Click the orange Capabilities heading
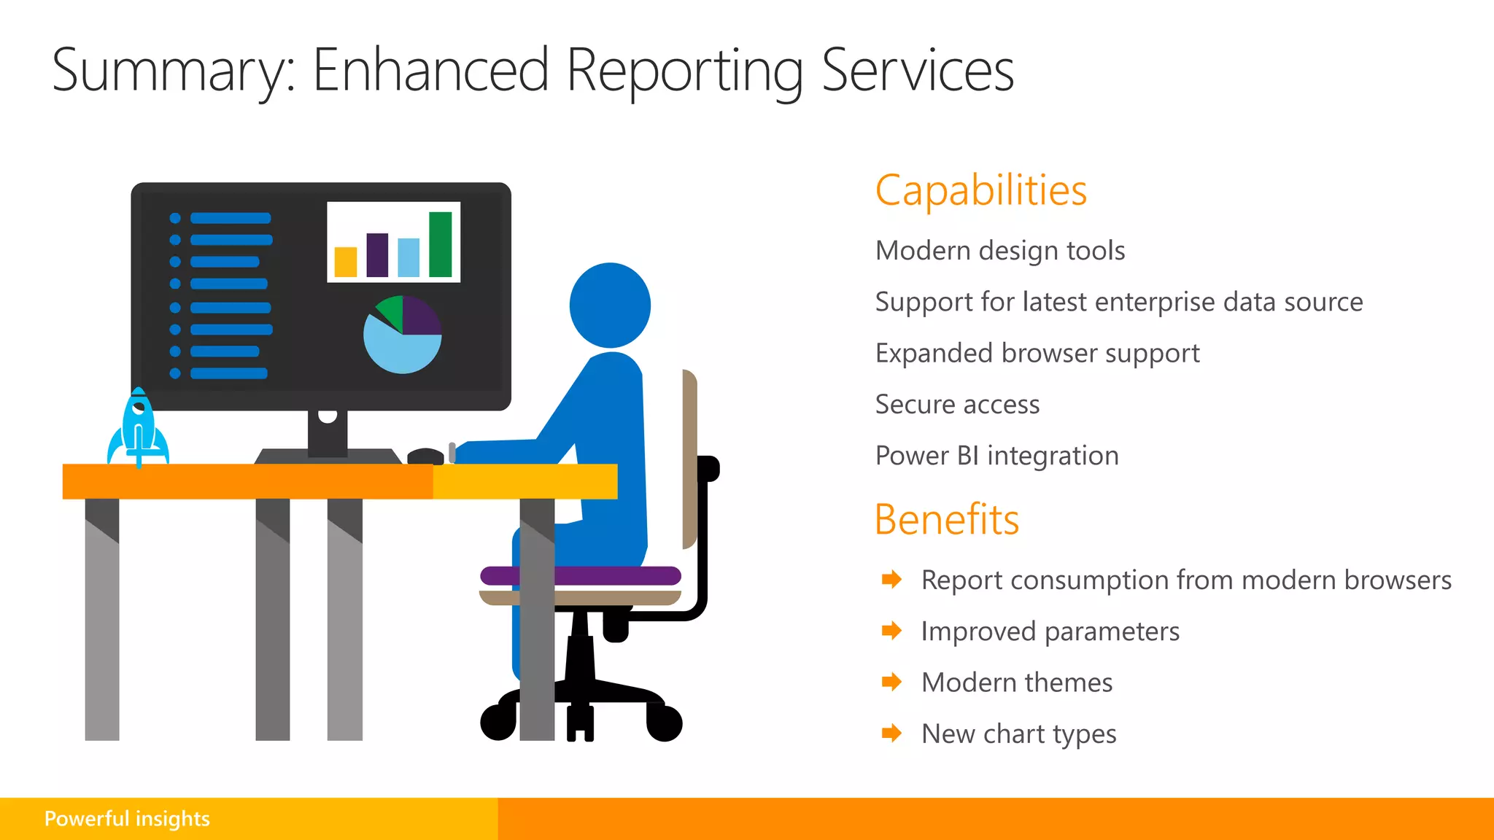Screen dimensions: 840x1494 tap(980, 191)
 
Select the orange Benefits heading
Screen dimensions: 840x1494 tap(946, 520)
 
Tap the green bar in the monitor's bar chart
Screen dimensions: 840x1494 tap(440, 244)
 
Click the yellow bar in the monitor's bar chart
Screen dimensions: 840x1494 tap(345, 262)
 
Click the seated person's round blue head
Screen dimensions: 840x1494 tap(610, 305)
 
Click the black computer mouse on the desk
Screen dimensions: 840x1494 tap(425, 457)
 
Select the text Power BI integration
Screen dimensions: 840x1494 tap(996, 456)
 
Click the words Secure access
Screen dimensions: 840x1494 tap(957, 405)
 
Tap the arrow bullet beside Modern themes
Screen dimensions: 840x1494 tap(891, 682)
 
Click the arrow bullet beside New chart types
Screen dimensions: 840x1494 tap(891, 734)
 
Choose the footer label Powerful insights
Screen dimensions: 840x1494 tap(127, 819)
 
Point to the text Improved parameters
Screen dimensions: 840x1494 tap(1050, 631)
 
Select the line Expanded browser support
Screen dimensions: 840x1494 tap(1037, 354)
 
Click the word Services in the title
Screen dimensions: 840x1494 tap(917, 71)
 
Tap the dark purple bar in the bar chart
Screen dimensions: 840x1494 tap(377, 254)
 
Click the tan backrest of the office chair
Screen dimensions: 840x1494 tap(689, 459)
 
